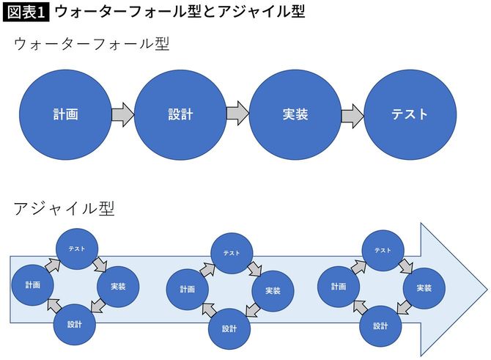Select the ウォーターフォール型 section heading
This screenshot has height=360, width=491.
[x=92, y=44]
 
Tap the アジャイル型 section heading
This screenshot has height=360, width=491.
[x=64, y=208]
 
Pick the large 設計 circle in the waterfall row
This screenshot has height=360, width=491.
[x=180, y=114]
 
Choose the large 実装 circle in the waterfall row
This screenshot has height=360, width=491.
[x=295, y=114]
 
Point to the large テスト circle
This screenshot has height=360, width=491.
[x=410, y=114]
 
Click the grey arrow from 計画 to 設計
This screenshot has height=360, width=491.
[x=123, y=114]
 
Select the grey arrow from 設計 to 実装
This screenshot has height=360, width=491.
[x=237, y=114]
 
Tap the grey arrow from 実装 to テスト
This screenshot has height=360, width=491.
[x=352, y=114]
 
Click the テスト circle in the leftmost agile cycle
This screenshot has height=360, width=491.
[x=76, y=249]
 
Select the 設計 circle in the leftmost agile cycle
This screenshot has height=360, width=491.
[x=75, y=323]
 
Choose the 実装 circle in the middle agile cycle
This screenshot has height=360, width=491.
[x=273, y=291]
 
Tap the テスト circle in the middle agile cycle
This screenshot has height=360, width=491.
[x=232, y=253]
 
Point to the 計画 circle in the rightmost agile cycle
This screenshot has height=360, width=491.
[x=338, y=287]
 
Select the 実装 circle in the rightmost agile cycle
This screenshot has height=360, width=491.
[x=424, y=288]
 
